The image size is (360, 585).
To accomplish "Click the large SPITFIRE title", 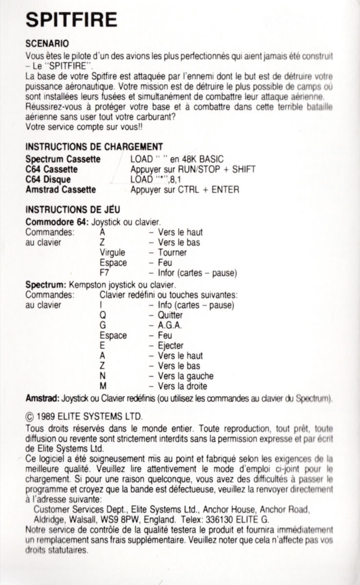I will (x=71, y=20).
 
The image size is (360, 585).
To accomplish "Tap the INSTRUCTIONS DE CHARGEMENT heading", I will (x=94, y=147).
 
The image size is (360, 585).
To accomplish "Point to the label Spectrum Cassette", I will (x=63, y=159).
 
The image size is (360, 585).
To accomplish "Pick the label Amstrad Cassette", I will (x=61, y=189).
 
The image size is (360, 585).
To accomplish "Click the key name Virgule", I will (x=112, y=252).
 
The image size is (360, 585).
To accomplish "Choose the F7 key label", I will (x=104, y=272).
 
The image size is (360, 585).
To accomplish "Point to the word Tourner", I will (x=172, y=252).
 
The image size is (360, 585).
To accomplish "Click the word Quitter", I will (x=170, y=315).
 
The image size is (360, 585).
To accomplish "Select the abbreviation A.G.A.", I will (x=170, y=325).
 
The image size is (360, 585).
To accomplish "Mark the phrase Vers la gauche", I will (x=186, y=376).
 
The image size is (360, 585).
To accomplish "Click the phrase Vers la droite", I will (x=182, y=386).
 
